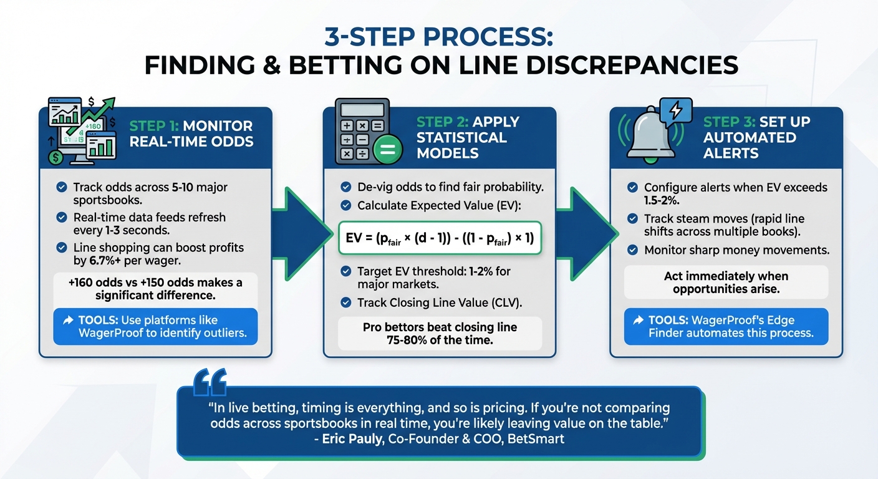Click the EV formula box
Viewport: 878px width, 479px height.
coord(439,238)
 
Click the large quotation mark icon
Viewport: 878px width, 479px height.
coord(210,382)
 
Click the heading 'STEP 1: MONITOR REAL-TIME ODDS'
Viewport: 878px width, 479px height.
coord(191,133)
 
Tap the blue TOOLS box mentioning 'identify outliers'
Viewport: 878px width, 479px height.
coord(155,326)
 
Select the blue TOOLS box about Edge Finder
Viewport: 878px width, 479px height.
coord(726,326)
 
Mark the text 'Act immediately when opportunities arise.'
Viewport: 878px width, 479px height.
coord(726,282)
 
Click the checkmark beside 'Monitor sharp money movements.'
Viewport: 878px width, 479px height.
coord(633,250)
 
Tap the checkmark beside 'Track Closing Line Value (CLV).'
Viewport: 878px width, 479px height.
coord(346,303)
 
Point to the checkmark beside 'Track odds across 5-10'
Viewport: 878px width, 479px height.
coord(62,187)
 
